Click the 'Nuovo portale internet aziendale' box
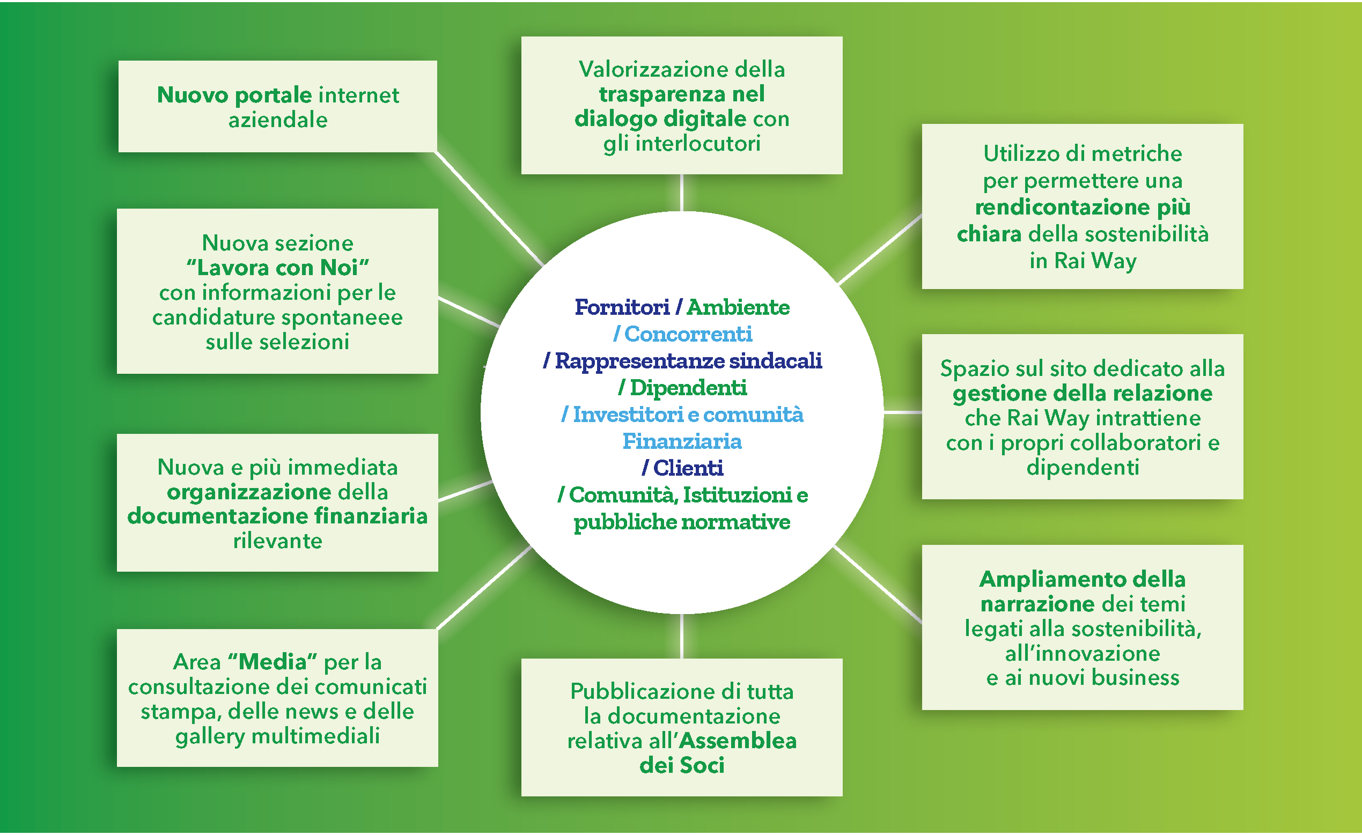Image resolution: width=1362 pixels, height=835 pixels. click(277, 107)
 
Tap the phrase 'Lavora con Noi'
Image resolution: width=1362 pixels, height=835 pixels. click(277, 268)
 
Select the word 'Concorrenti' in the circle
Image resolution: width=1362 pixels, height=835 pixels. click(688, 334)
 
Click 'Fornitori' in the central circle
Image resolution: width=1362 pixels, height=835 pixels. click(622, 307)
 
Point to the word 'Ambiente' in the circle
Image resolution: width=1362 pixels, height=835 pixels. click(738, 307)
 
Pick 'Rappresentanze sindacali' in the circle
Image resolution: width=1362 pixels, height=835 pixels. click(688, 361)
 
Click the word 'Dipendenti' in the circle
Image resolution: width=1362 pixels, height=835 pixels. click(688, 388)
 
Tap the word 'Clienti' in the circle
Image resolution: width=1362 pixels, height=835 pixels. click(688, 469)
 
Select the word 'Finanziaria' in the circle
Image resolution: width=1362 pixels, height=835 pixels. click(682, 441)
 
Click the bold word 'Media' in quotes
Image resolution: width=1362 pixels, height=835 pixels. click(273, 662)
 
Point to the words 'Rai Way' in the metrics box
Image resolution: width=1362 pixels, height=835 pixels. click(1083, 261)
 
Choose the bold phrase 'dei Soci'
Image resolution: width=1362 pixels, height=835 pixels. click(682, 766)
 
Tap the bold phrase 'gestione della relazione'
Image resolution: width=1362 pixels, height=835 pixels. click(1083, 394)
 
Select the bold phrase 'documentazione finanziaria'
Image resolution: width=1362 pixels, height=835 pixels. click(277, 516)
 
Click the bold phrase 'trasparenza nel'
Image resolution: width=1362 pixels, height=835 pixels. click(682, 94)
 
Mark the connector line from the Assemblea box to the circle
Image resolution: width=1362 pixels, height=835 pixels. click(682, 636)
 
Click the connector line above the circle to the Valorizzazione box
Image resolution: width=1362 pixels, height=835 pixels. click(682, 193)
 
